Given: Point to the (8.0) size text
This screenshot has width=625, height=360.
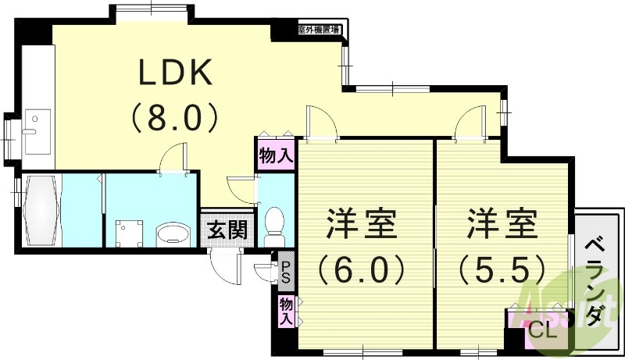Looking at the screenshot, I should [175, 118].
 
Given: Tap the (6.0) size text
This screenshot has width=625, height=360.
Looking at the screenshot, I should [361, 270].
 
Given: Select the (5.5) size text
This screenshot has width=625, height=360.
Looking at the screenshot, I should [502, 270].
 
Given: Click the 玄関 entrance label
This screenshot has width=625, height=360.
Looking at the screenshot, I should [227, 230].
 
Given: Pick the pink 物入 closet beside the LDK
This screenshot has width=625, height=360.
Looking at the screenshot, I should [275, 155].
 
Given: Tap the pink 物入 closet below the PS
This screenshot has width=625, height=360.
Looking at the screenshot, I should [286, 311].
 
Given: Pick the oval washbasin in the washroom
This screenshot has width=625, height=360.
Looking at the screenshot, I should [173, 233].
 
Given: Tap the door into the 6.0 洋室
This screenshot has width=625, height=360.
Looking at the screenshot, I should [320, 123].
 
